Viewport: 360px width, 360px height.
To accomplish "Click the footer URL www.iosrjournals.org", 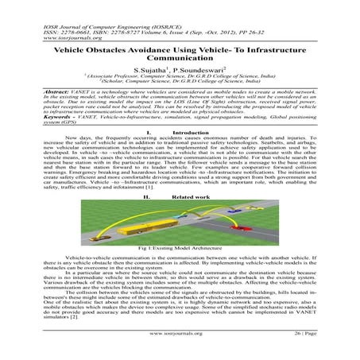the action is point(179,347).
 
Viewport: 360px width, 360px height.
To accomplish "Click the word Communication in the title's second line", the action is point(180,60).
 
